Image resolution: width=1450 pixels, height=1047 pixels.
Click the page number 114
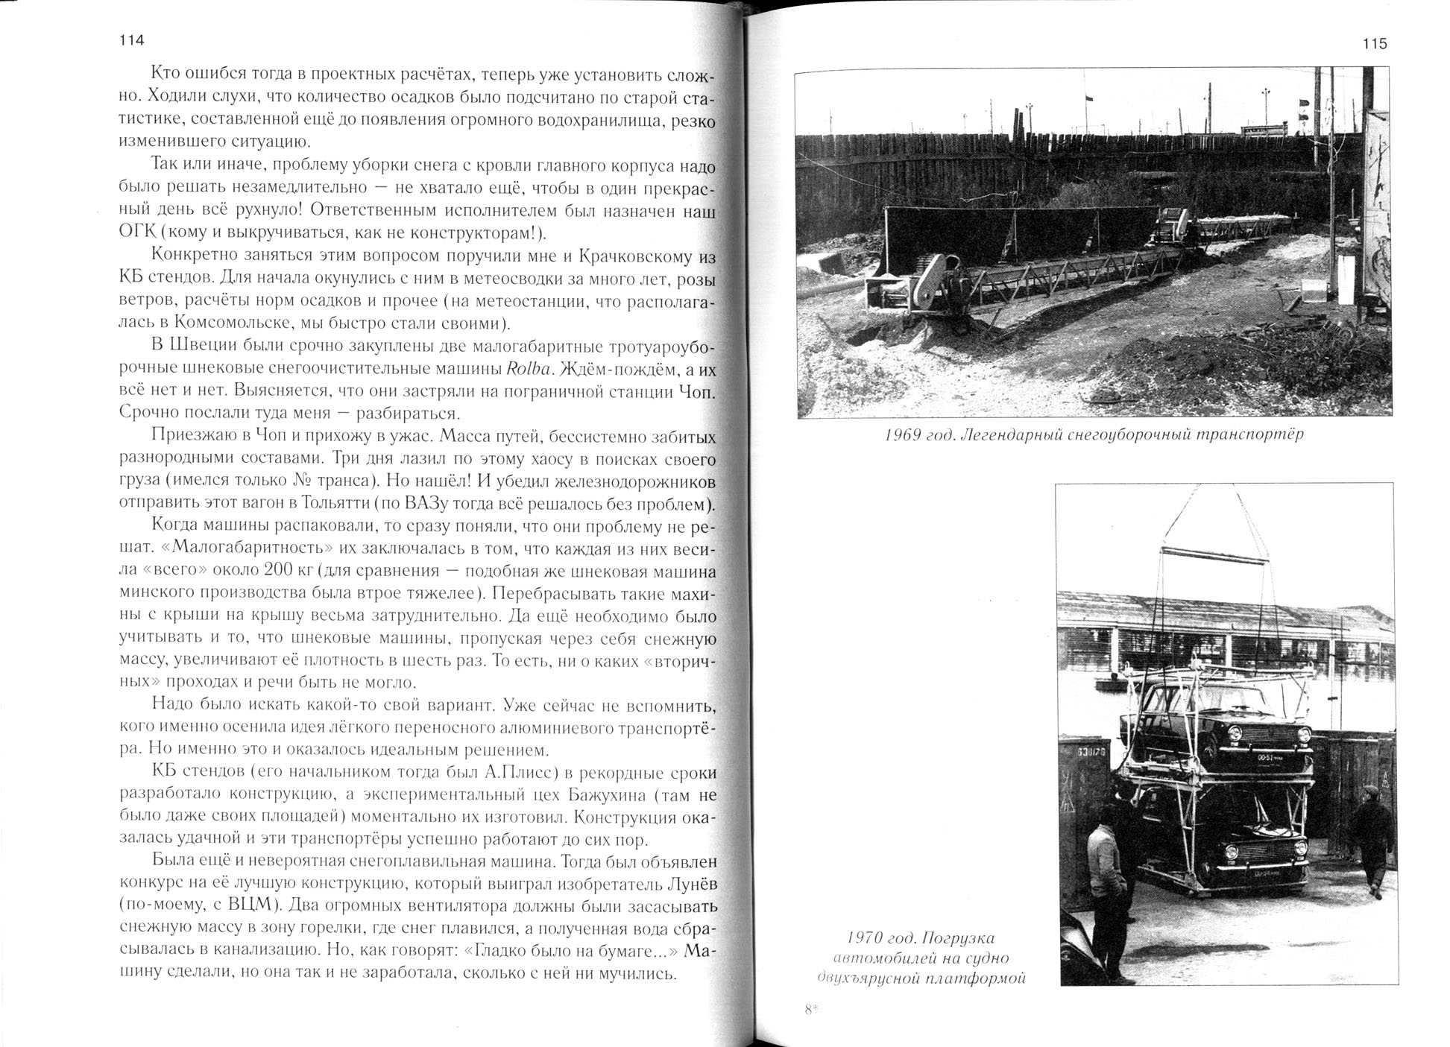[x=131, y=41]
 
